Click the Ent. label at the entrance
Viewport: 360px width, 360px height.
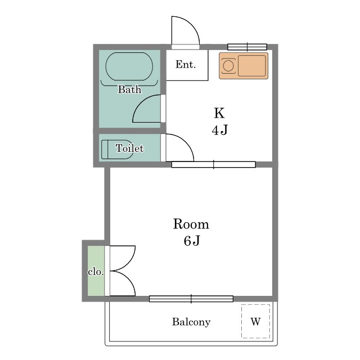click(186, 65)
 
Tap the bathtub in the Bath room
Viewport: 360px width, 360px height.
click(129, 66)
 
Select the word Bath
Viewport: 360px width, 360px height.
click(129, 89)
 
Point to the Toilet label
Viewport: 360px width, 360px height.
click(129, 148)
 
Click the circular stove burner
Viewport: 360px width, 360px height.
click(228, 66)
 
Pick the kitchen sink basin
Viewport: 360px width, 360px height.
click(252, 66)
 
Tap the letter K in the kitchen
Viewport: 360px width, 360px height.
click(219, 113)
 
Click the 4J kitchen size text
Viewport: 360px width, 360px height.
click(220, 130)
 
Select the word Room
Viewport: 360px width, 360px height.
click(191, 224)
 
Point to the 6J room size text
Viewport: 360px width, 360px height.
click(192, 241)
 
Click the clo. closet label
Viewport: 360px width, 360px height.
click(96, 272)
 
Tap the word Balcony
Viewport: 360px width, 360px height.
click(191, 322)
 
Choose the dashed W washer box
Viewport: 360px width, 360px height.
click(255, 321)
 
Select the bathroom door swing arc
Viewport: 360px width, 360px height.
click(140, 103)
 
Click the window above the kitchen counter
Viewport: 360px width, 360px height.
click(247, 47)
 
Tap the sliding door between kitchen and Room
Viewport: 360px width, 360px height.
click(214, 164)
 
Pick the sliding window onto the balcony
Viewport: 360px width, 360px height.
click(191, 299)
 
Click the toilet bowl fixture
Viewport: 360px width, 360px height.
click(117, 149)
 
